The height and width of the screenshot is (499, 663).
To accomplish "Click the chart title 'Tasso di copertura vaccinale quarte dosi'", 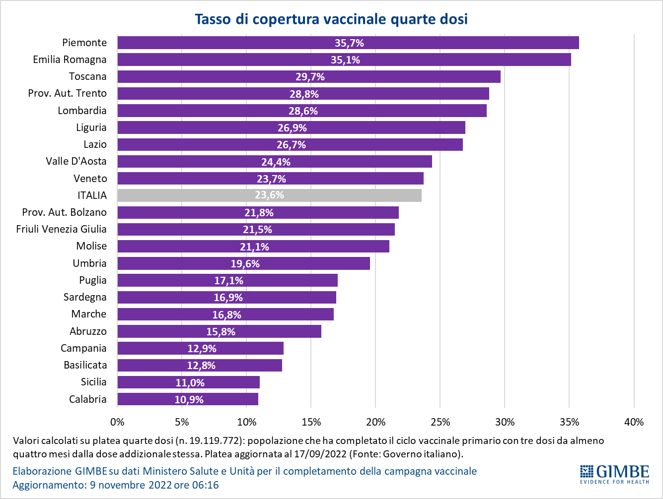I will pos(331,19).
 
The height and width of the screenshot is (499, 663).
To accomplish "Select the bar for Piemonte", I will pos(348,43).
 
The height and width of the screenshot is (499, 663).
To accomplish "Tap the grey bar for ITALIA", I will pos(269,195).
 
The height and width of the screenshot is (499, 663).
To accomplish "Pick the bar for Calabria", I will pos(188,399).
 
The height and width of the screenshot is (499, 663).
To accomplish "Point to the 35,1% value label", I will pos(345,60).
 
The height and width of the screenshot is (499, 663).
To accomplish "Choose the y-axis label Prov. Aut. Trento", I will pos(67,93).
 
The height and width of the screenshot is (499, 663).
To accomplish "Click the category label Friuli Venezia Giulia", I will pos(61,229).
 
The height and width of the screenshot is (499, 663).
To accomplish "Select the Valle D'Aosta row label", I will pos(76,161).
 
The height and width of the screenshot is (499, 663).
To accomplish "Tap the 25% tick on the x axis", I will pos(440,422).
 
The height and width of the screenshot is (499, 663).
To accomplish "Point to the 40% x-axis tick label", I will pos(634,422).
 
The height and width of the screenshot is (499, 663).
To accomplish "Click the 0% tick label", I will pos(117,422).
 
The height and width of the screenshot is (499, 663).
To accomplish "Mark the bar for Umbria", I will pos(243,263).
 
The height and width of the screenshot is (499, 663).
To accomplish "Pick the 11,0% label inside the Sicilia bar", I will pos(190,382).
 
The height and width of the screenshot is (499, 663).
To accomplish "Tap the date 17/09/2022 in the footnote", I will pos(376,454).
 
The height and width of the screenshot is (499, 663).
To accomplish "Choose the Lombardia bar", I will pos(301,111).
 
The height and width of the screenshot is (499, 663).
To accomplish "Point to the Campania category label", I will pos(83,348).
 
